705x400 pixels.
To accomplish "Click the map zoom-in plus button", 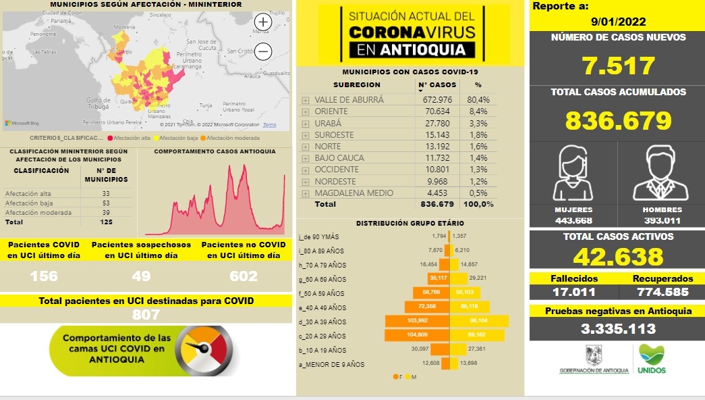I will coord(262,22).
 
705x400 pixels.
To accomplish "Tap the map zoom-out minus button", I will coord(262,51).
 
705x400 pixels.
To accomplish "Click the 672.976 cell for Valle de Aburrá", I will coord(436,99).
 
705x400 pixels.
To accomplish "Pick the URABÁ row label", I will coord(328,123).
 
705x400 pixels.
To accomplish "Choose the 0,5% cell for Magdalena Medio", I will coord(478,193).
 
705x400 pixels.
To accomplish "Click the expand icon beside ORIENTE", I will coord(306,111).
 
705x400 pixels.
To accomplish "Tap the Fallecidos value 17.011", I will coord(573,292).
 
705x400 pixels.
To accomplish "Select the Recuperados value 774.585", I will coord(663,292).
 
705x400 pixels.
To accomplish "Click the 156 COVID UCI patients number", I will coord(44,276).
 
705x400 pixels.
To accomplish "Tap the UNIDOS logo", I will coord(651,359).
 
